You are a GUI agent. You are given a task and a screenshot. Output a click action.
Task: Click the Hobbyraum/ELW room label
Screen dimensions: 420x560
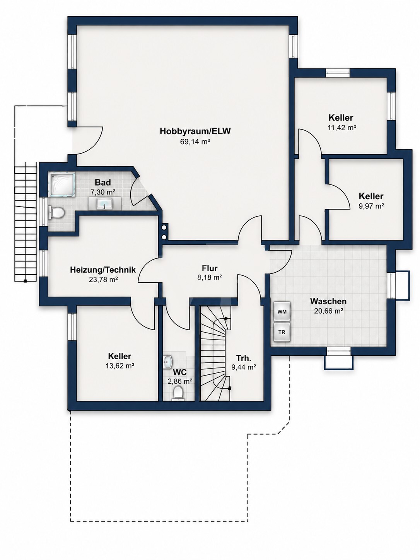pyautogui.click(x=195, y=131)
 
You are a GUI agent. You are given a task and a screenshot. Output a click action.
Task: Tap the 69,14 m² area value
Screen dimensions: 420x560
pyautogui.click(x=195, y=142)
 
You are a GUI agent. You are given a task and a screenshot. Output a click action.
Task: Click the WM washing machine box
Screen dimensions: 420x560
pyautogui.click(x=282, y=311)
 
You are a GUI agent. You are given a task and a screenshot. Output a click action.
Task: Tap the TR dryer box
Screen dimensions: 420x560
pyautogui.click(x=282, y=332)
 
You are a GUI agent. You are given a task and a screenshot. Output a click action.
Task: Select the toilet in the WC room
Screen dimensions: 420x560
pyautogui.click(x=178, y=393)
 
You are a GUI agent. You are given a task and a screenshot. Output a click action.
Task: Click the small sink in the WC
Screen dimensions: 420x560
pyautogui.click(x=168, y=362)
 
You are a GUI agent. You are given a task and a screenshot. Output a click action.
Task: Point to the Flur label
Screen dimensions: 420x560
pyautogui.click(x=209, y=268)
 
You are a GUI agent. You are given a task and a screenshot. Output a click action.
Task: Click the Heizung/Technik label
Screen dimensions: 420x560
pyautogui.click(x=103, y=270)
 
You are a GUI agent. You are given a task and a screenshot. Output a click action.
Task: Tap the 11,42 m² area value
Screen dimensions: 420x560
pyautogui.click(x=341, y=128)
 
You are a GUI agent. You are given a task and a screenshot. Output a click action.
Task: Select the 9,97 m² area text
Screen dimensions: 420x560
pyautogui.click(x=371, y=206)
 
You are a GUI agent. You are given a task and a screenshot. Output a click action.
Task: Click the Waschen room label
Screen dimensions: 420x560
pyautogui.click(x=328, y=301)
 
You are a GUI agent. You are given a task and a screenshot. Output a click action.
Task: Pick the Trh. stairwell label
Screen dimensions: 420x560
pyautogui.click(x=244, y=358)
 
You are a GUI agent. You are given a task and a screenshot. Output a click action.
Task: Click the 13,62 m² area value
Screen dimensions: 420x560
pyautogui.click(x=120, y=366)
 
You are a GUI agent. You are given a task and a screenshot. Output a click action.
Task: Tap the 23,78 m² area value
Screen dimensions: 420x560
pyautogui.click(x=103, y=280)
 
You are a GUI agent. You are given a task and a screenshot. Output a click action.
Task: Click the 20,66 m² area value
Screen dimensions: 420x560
pyautogui.click(x=328, y=311)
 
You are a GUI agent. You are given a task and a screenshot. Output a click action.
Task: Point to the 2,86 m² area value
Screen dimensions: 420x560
pyautogui.click(x=180, y=381)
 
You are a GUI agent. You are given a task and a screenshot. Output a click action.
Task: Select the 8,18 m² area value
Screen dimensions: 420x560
pyautogui.click(x=209, y=277)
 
